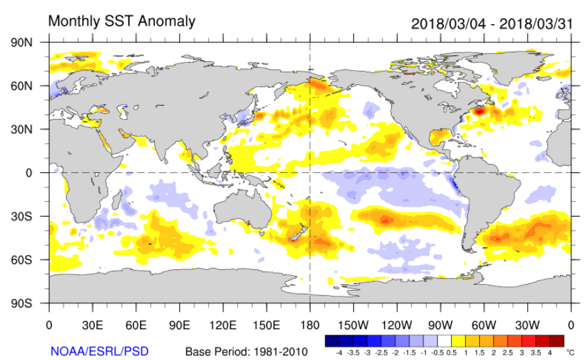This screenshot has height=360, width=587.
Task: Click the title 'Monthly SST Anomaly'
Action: click(x=122, y=22)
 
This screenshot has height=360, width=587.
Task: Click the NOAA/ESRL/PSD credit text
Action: click(x=100, y=351)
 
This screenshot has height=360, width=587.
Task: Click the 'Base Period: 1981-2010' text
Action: click(x=246, y=351)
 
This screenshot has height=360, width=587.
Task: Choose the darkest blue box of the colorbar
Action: click(x=332, y=340)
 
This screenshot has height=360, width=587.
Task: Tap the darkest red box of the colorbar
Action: click(x=557, y=340)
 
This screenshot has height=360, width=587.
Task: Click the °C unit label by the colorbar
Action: click(x=571, y=352)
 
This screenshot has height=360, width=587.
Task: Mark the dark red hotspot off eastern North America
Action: click(x=479, y=111)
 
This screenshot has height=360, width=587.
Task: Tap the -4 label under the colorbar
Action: click(x=339, y=352)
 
